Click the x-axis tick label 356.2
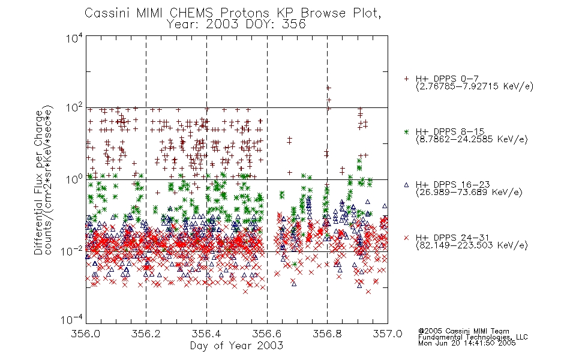click(146, 334)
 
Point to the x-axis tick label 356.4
click(206, 334)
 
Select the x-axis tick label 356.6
click(267, 334)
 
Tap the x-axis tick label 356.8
click(327, 334)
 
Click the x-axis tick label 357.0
click(388, 334)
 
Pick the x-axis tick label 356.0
click(86, 334)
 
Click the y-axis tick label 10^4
click(74, 38)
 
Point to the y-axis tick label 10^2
click(74, 108)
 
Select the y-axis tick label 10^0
click(74, 179)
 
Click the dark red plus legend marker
click(406, 79)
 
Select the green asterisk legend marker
click(406, 131)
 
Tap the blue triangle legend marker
click(406, 185)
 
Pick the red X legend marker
click(406, 238)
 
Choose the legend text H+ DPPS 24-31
click(452, 238)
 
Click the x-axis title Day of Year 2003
click(236, 346)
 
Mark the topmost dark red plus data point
click(328, 88)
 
